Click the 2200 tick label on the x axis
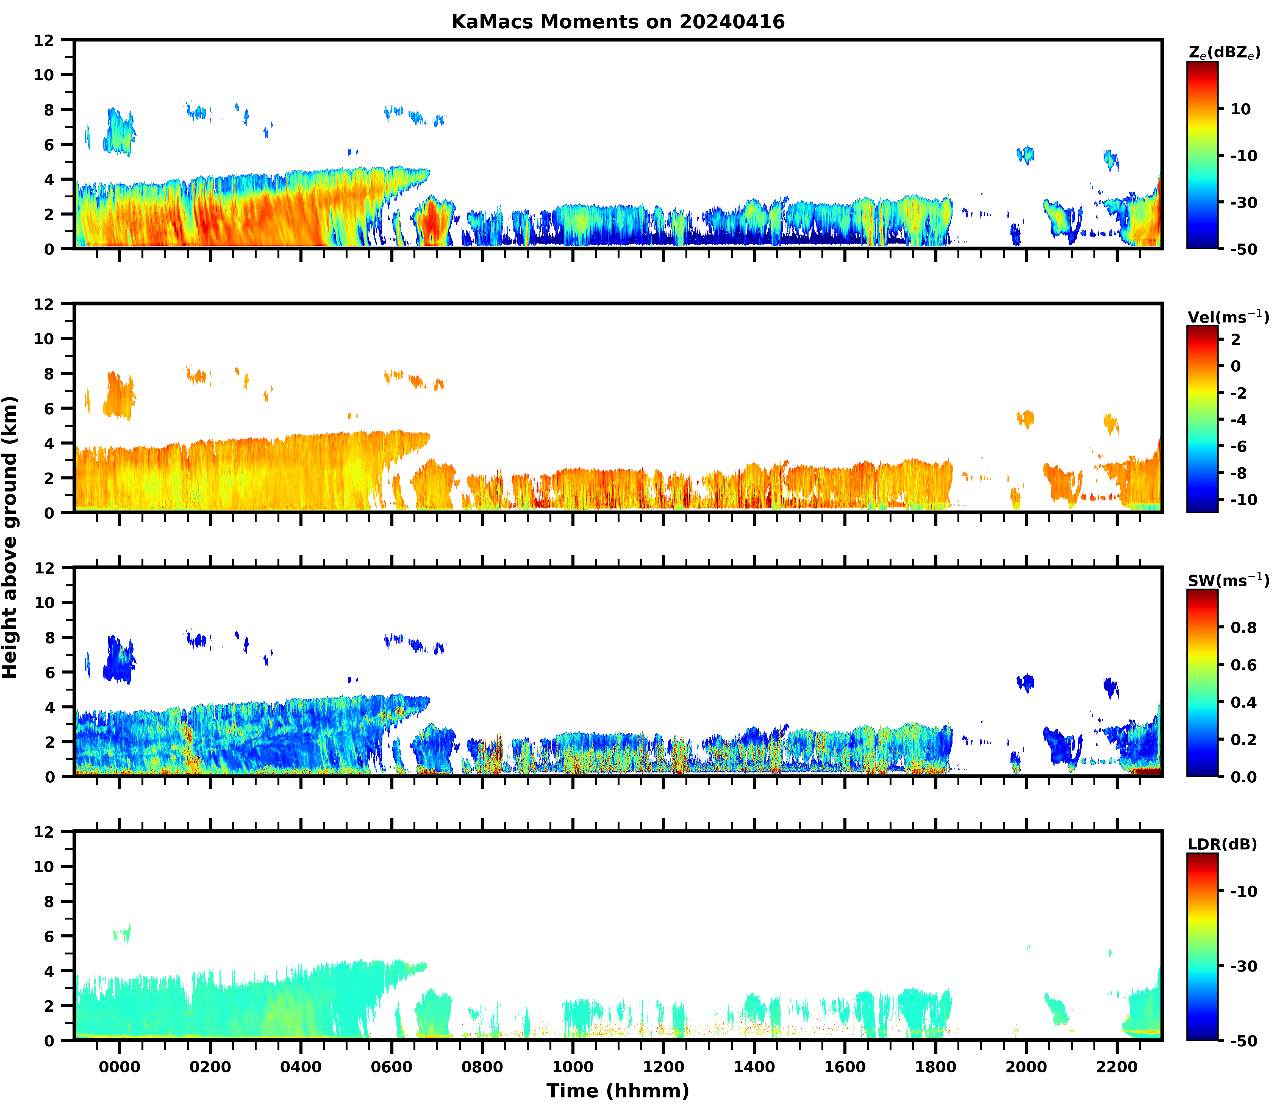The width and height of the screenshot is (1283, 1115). (x=1117, y=1067)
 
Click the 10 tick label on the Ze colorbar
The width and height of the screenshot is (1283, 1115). (x=1241, y=109)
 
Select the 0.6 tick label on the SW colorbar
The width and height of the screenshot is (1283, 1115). (x=1244, y=665)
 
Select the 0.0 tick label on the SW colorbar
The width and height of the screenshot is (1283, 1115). (x=1244, y=777)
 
